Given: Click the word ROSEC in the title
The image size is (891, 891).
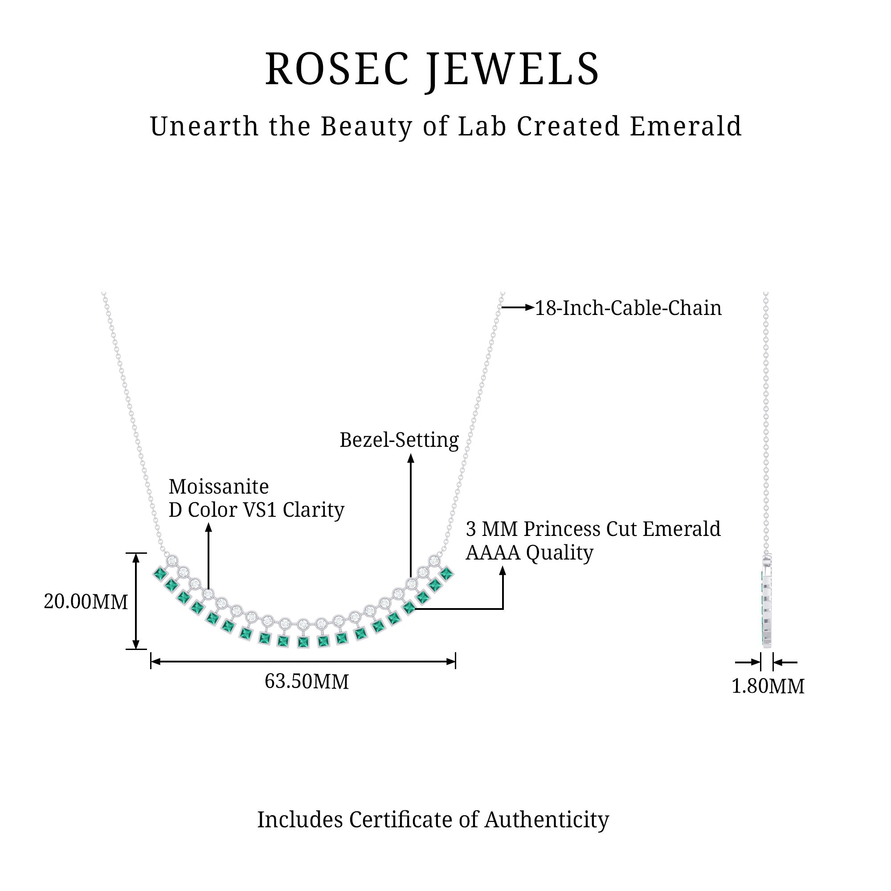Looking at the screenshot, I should tap(337, 69).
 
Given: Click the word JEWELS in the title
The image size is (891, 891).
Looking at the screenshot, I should tap(512, 69).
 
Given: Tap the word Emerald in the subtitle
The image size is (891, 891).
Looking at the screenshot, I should tap(686, 126).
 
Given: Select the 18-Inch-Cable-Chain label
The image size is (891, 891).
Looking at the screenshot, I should tap(628, 308).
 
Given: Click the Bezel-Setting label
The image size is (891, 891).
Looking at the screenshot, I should tap(399, 440).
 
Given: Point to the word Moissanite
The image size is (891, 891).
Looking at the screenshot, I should tap(219, 486).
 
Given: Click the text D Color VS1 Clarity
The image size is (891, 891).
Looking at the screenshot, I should tap(257, 510).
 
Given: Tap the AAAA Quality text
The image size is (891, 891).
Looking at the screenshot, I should tap(529, 552).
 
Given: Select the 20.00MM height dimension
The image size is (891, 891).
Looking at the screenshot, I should tap(86, 602).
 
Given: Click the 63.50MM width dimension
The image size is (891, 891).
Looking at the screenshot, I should tap(307, 681).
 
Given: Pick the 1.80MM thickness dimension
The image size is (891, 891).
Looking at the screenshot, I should tap(768, 686).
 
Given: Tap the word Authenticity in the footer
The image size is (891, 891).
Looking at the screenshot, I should tap(547, 820).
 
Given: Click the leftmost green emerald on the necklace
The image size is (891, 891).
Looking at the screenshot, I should tap(160, 574).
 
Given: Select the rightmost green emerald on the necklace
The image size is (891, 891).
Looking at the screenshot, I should tap(446, 573).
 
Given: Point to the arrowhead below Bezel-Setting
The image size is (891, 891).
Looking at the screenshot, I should tap(411, 458).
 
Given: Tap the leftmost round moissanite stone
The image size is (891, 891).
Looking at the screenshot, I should tap(172, 560).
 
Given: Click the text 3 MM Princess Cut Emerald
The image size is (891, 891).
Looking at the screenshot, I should tap(593, 529).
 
